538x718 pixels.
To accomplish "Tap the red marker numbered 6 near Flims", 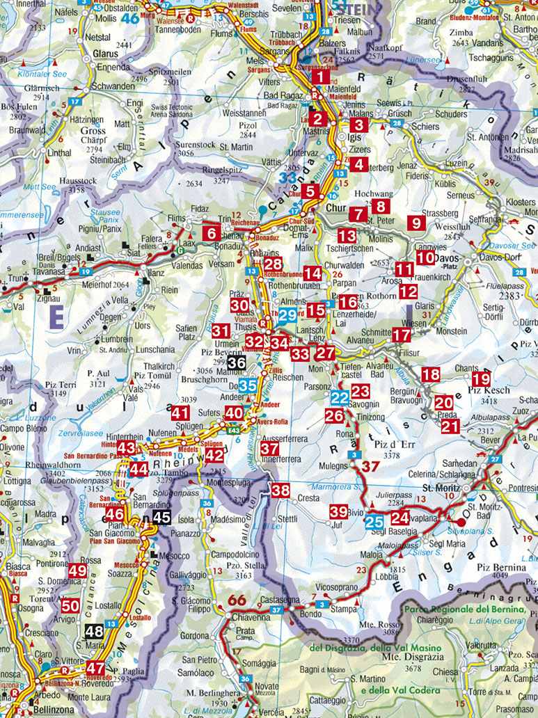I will click(212, 234).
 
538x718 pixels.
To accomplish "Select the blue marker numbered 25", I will click(374, 520).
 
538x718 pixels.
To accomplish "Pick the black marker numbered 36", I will click(237, 362).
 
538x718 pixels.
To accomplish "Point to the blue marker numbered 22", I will click(339, 398).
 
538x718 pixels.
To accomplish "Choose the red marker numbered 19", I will click(481, 379).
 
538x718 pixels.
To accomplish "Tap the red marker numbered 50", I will click(70, 605).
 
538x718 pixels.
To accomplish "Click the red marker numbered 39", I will click(338, 511).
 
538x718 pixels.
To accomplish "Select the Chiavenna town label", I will click(241, 617).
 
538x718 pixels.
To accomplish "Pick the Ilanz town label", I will click(154, 265).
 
